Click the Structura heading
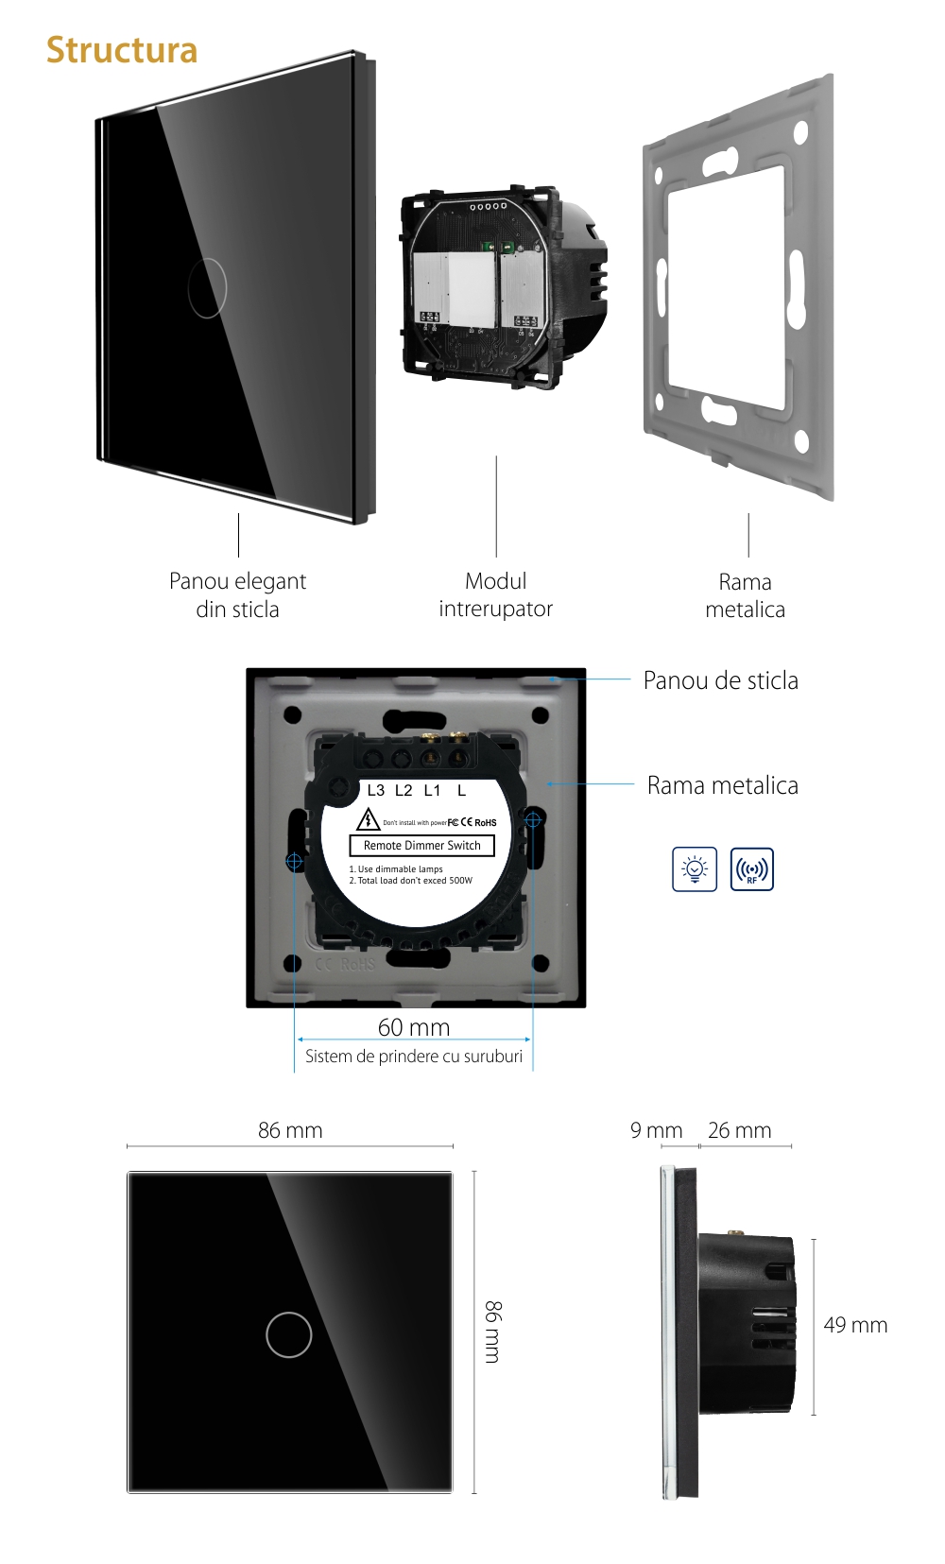[x=122, y=50]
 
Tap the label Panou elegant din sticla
[x=237, y=594]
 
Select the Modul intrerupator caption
[x=495, y=594]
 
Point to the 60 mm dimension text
[x=414, y=1027]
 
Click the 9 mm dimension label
[x=656, y=1130]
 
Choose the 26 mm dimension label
[x=739, y=1130]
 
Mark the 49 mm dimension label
[x=855, y=1325]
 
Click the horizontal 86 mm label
[x=290, y=1130]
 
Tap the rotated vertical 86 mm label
[x=492, y=1332]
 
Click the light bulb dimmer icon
[x=695, y=869]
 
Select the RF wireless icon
[x=752, y=869]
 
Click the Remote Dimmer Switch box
[x=421, y=846]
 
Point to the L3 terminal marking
[x=376, y=790]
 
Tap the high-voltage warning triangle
[x=368, y=819]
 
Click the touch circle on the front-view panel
[x=289, y=1334]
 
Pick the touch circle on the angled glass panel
[x=207, y=287]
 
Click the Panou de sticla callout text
[x=720, y=680]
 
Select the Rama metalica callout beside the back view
[x=722, y=785]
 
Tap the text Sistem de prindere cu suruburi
[x=413, y=1057]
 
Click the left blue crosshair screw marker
[x=294, y=861]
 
